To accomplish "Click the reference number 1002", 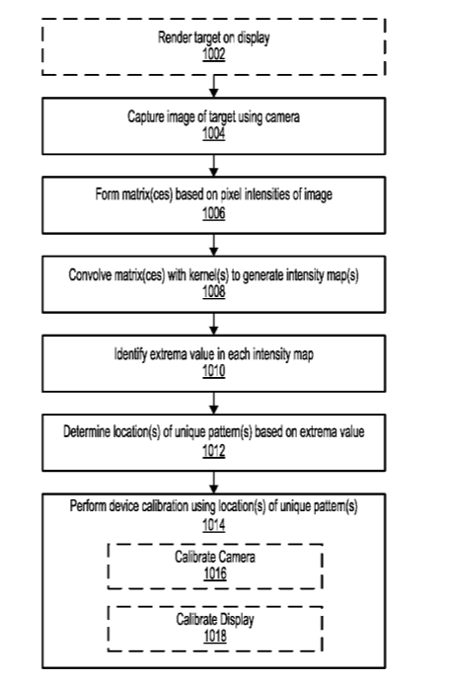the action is click(213, 54).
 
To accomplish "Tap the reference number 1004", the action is click(213, 133).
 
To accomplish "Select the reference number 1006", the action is click(213, 213).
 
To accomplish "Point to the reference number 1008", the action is click(213, 291).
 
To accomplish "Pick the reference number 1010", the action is click(213, 371).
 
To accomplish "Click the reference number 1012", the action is click(213, 450).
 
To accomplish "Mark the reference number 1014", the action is click(213, 525).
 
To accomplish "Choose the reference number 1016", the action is click(215, 573).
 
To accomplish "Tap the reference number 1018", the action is click(215, 636).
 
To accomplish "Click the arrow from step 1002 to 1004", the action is click(213, 86).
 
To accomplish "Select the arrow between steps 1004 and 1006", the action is click(213, 165).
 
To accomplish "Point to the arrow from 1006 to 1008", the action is click(213, 245).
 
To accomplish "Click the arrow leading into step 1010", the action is click(213, 324).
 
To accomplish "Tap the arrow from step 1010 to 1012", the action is click(213, 403).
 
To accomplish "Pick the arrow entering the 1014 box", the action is click(213, 483).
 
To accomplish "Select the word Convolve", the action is click(90, 275).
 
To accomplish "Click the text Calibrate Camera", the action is click(215, 557).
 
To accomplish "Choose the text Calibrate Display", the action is click(215, 620).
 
